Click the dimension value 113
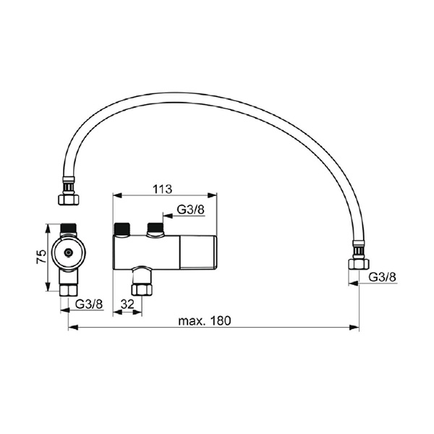tap(162, 189)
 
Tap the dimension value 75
tap(41, 257)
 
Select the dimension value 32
tap(127, 305)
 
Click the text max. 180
tap(204, 320)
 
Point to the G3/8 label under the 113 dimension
tap(190, 210)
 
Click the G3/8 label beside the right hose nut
tap(382, 277)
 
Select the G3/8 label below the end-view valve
tap(89, 305)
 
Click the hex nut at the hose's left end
tap(69, 200)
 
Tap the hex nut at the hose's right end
tap(359, 264)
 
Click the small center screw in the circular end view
tap(68, 252)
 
